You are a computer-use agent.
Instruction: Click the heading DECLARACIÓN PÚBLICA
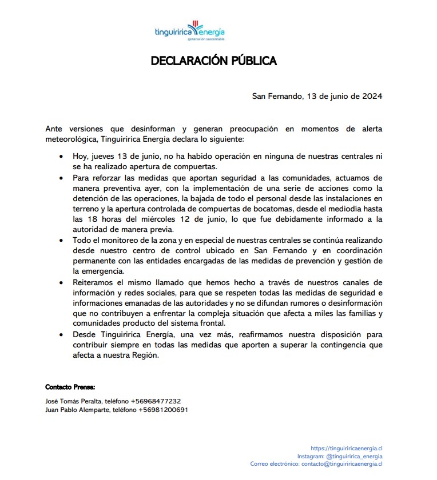(214, 61)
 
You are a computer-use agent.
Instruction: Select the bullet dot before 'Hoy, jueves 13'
(62, 157)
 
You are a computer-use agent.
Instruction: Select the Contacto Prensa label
(70, 387)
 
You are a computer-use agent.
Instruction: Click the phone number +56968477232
(156, 401)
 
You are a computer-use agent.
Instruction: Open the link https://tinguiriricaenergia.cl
(347, 449)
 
